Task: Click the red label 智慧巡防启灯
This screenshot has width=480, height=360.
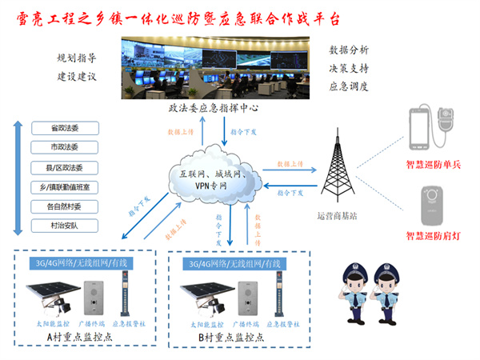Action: coord(434,236)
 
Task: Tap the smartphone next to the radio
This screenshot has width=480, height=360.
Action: coord(418,128)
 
